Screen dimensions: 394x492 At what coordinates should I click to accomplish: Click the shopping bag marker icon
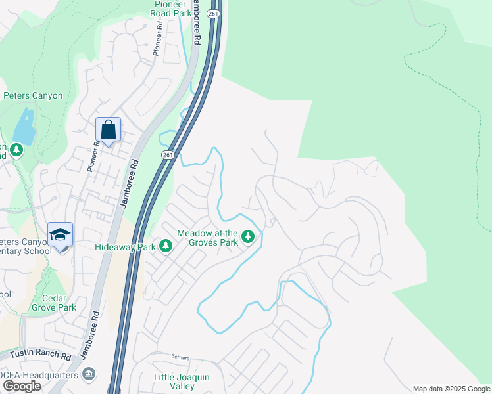pos(108,129)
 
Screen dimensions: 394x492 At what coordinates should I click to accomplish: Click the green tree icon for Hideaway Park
pos(166,246)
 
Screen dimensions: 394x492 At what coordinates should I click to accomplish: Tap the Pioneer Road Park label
pos(170,9)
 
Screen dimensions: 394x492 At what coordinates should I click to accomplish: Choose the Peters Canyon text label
pos(33,95)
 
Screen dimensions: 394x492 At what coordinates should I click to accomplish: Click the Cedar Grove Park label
pos(55,302)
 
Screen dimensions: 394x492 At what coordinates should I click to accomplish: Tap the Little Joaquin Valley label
pos(182,382)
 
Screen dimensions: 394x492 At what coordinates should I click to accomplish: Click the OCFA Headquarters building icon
pos(89,375)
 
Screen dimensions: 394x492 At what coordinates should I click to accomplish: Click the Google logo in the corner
pos(22,386)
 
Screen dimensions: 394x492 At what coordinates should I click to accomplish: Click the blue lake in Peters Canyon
pos(24,127)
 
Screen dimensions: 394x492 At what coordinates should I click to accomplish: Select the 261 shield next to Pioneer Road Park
pos(212,12)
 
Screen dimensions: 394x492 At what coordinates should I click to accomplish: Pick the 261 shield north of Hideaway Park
pos(167,154)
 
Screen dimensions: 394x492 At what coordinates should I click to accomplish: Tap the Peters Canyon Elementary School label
pos(26,246)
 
